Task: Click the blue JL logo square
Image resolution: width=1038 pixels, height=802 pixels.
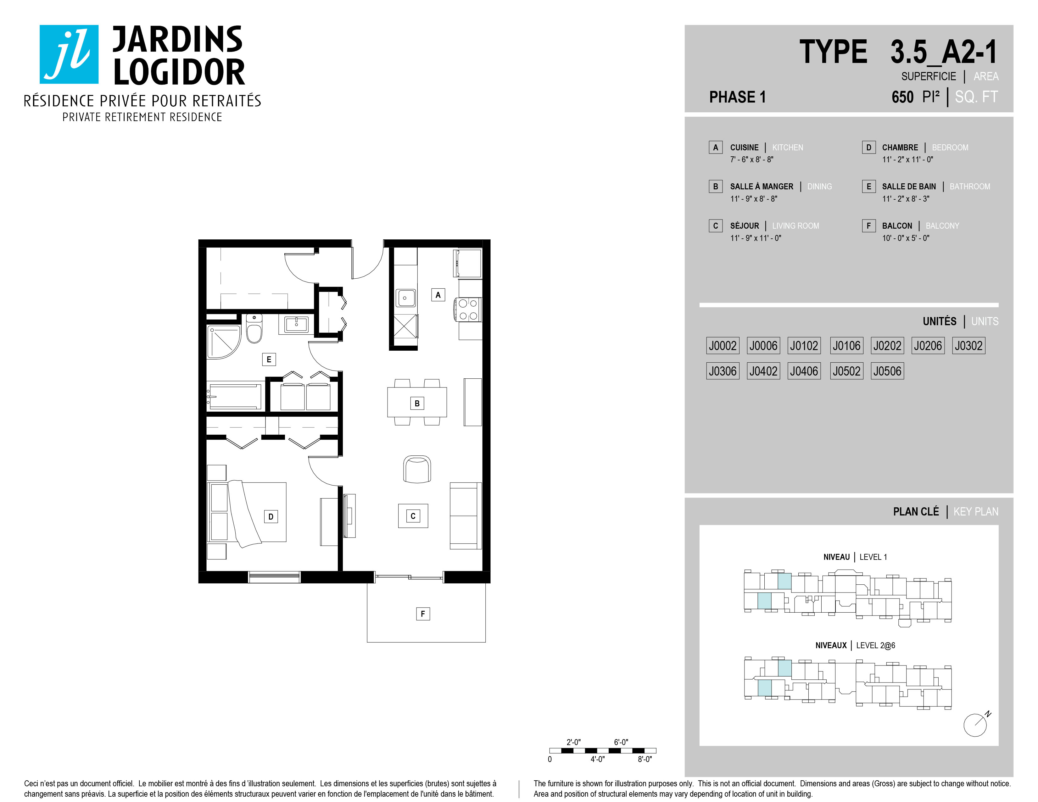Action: point(69,54)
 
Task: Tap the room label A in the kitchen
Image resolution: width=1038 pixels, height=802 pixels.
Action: point(438,295)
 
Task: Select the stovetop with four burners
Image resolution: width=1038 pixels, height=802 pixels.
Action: point(468,309)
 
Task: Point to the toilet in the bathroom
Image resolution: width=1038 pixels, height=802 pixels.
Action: point(254,328)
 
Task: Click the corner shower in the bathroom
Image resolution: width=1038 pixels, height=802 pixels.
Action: point(223,342)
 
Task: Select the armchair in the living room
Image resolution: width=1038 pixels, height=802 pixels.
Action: point(417,469)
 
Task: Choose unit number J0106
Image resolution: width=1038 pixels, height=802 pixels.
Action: point(846,345)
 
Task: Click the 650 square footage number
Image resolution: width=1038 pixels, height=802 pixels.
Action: point(902,97)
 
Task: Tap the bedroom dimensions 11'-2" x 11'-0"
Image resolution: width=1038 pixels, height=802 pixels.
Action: point(907,160)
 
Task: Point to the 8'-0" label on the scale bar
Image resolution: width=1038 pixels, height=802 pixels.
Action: point(645,759)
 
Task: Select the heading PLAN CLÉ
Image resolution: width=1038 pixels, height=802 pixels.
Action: point(916,512)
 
